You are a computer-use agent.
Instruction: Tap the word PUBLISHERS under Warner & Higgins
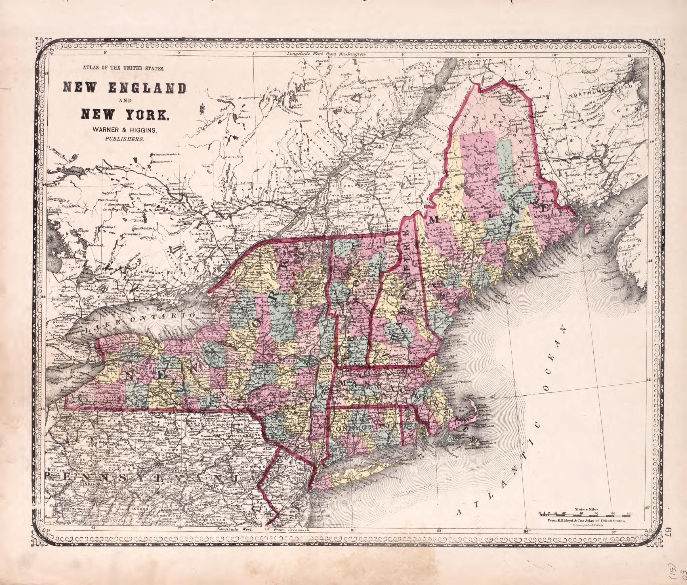tap(124, 139)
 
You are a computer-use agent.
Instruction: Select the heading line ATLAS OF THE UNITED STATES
tap(123, 69)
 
